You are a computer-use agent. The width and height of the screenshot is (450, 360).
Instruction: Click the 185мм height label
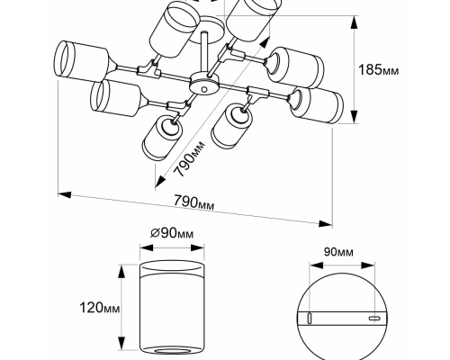pyautogui.click(x=379, y=70)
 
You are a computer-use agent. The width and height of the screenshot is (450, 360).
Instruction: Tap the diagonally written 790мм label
pyautogui.click(x=190, y=159)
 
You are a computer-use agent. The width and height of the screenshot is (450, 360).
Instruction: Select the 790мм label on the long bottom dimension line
pyautogui.click(x=194, y=202)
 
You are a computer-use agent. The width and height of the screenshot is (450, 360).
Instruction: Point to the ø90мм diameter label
pyautogui.click(x=172, y=233)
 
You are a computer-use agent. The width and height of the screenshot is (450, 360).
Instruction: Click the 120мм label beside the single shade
pyautogui.click(x=100, y=308)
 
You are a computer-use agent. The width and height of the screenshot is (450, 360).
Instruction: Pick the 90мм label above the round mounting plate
pyautogui.click(x=338, y=252)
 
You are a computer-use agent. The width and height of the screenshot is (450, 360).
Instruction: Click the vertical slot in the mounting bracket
pyautogui.click(x=310, y=318)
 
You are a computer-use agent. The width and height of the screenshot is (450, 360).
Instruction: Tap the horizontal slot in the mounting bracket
pyautogui.click(x=374, y=319)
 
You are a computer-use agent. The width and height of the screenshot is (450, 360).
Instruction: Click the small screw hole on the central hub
pyautogui.click(x=204, y=89)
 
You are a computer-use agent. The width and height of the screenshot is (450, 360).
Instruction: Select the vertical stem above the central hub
pyautogui.click(x=204, y=52)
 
